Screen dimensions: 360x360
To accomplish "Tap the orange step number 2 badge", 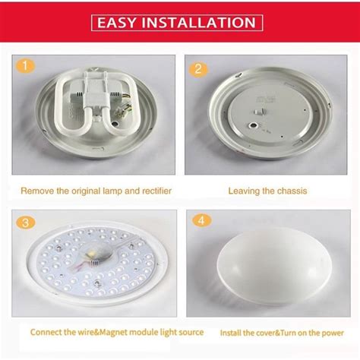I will click(199, 69).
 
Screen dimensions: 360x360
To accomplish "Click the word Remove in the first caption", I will click(36, 191).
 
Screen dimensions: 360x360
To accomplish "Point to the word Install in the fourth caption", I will click(232, 333).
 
